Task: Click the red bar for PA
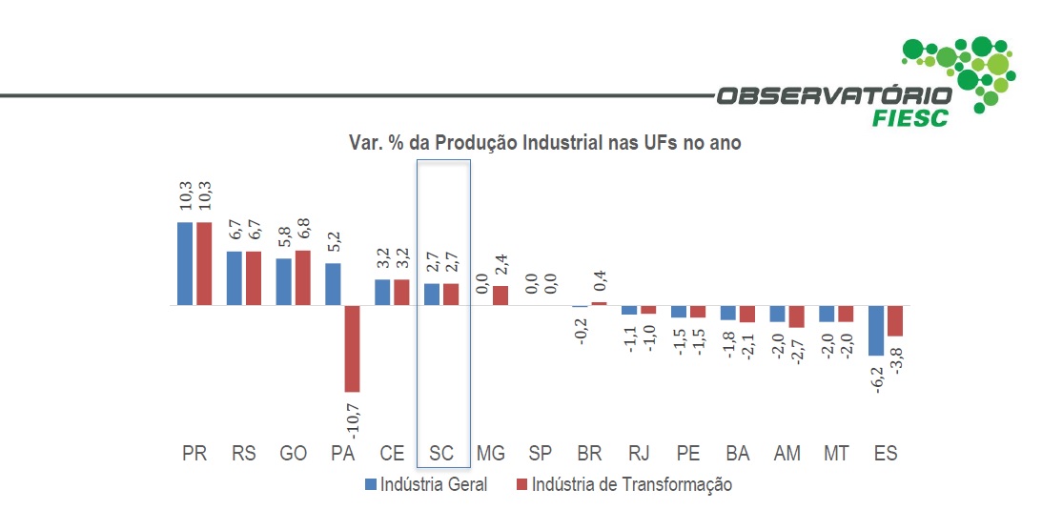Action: click(x=352, y=349)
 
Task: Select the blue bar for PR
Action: click(x=186, y=264)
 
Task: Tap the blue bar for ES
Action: click(x=875, y=331)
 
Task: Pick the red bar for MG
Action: click(x=501, y=296)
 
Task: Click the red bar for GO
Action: click(x=302, y=278)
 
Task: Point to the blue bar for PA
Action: click(x=333, y=284)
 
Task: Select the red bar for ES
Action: click(x=894, y=321)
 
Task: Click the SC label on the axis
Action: click(x=441, y=454)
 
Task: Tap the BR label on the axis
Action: click(x=589, y=454)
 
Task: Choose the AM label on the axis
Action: click(x=787, y=454)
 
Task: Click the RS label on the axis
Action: click(x=244, y=454)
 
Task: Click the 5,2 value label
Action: click(x=333, y=242)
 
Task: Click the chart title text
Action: click(x=543, y=143)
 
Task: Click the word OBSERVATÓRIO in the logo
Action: click(x=834, y=96)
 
